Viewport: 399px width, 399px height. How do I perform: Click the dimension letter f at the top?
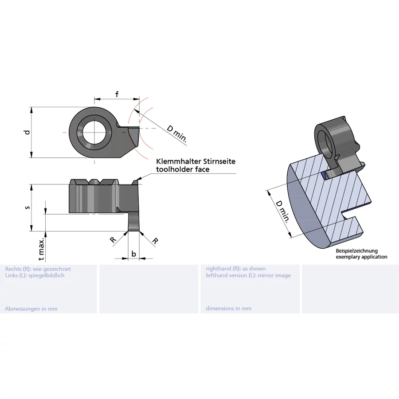pos(117,94)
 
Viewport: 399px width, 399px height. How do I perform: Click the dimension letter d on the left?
pos(27,133)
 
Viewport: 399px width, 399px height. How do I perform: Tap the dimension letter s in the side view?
pos(27,207)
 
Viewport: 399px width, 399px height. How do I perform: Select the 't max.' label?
pos(41,249)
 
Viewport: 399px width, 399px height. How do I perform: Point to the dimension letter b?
pos(133,254)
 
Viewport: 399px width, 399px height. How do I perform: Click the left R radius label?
pos(113,240)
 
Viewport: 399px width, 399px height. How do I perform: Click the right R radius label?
pos(155,241)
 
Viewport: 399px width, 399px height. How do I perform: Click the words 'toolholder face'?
pos(183,169)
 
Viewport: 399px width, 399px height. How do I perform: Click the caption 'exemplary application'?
pos(361,257)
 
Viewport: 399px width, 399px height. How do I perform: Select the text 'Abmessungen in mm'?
pos(31,309)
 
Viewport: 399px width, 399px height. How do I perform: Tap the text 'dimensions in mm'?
pos(228,309)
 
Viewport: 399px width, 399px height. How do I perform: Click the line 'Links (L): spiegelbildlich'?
pos(35,275)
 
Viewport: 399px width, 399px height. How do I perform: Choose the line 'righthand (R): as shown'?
pos(236,269)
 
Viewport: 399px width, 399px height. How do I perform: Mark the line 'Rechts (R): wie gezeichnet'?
pos(38,269)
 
